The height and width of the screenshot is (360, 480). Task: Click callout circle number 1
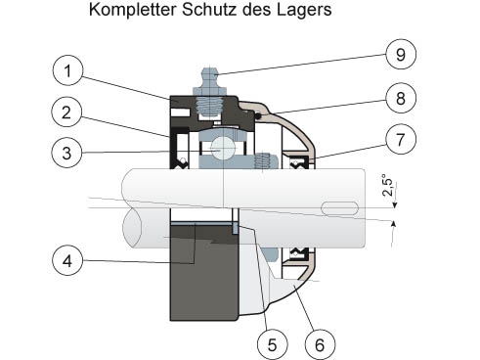(x=67, y=70)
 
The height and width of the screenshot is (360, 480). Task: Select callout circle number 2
(x=66, y=112)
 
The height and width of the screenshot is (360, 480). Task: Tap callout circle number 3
(x=66, y=153)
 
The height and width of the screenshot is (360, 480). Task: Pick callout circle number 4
(x=67, y=260)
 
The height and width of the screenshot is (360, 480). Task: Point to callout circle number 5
(x=272, y=344)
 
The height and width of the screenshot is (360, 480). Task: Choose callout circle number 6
(x=320, y=344)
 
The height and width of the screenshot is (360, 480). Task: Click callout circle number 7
(x=401, y=139)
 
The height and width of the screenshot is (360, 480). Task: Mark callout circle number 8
(x=401, y=98)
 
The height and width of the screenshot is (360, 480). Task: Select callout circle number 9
(x=401, y=54)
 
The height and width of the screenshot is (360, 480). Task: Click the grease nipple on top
(x=209, y=81)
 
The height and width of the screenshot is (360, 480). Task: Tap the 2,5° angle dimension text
(x=388, y=185)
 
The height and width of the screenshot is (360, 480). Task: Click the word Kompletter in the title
(x=133, y=10)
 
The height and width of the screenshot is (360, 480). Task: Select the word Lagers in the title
(x=304, y=11)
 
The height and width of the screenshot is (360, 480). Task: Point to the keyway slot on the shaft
(x=340, y=208)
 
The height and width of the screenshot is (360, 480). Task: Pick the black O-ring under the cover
(x=259, y=115)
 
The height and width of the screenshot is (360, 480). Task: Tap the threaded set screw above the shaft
(x=264, y=161)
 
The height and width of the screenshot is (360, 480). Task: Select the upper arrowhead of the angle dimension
(x=395, y=205)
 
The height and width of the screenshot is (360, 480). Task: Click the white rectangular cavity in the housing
(x=180, y=112)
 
